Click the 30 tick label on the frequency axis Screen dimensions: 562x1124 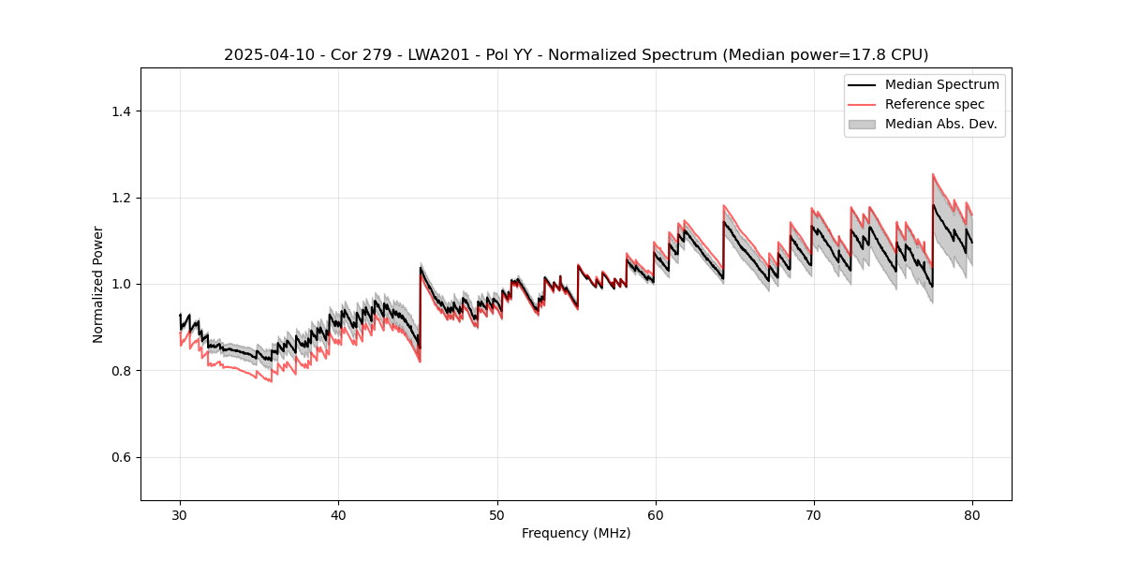180,515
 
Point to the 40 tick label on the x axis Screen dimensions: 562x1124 338,515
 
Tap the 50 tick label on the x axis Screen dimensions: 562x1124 496,515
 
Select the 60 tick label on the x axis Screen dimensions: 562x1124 655,515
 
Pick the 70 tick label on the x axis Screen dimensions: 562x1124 813,515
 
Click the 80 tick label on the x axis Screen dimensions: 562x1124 971,515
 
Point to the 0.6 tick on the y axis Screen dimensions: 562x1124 121,457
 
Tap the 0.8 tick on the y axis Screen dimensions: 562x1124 121,371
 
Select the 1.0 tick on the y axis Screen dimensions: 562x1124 121,284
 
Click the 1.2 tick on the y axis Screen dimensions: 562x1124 121,198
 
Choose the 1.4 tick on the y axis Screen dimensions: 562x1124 121,111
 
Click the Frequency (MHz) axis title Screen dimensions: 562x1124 576,533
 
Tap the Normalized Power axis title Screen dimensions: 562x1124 98,284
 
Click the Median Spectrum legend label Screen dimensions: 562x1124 941,84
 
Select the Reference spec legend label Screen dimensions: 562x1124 935,104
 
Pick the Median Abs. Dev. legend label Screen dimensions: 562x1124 940,124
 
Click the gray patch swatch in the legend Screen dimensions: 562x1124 862,124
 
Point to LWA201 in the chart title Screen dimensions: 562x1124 440,55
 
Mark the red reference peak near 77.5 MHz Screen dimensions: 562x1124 933,174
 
